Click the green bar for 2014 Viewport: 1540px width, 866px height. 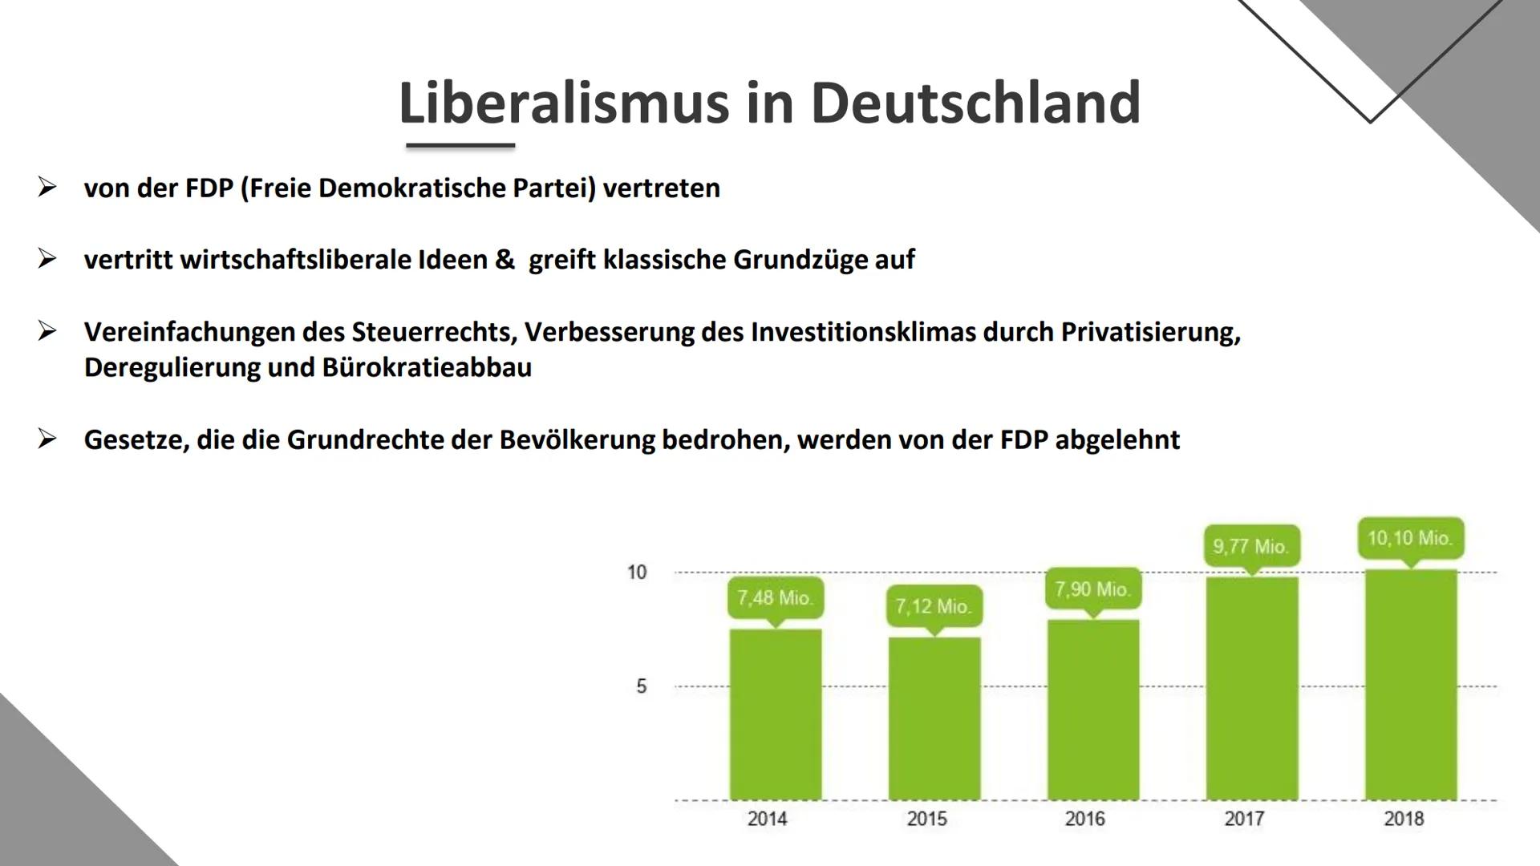[x=775, y=714]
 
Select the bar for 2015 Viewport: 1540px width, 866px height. [x=934, y=718]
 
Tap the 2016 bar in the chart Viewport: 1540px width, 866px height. [x=1092, y=710]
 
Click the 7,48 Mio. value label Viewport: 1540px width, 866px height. [x=775, y=598]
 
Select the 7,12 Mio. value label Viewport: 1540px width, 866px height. [x=934, y=606]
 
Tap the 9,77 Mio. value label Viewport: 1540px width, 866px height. [x=1251, y=547]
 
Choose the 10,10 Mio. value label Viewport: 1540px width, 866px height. [x=1410, y=538]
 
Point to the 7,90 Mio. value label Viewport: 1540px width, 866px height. [x=1092, y=589]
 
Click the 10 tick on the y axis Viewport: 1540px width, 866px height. [x=637, y=573]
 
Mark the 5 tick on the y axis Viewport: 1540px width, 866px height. [x=641, y=686]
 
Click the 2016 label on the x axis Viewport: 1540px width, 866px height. [x=1084, y=819]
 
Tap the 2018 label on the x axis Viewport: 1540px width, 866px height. [x=1404, y=819]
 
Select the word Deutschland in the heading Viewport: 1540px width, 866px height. [x=975, y=103]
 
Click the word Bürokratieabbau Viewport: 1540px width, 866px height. [x=427, y=368]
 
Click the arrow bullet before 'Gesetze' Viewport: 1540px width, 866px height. [x=47, y=439]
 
